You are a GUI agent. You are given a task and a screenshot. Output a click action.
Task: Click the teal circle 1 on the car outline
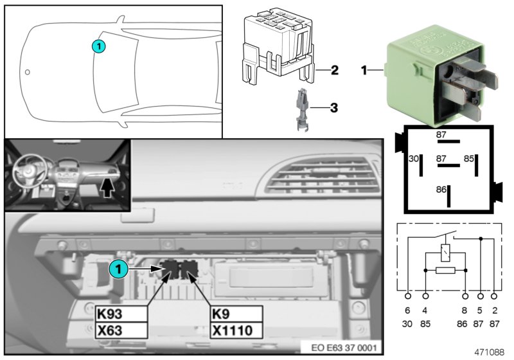pyautogui.click(x=98, y=46)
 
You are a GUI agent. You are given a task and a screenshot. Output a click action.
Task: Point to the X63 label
pyautogui.click(x=121, y=330)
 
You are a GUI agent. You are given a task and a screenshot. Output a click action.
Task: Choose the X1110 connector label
pyautogui.click(x=236, y=330)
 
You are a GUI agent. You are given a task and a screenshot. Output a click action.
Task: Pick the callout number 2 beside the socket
pyautogui.click(x=334, y=69)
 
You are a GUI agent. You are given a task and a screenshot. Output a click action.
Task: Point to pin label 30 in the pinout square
pyautogui.click(x=413, y=157)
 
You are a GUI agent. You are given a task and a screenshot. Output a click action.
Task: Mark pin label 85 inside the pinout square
pyautogui.click(x=469, y=157)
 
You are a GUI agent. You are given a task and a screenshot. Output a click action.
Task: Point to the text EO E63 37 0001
pyautogui.click(x=344, y=348)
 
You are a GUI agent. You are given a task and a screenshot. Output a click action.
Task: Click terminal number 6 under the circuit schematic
pyautogui.click(x=408, y=309)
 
